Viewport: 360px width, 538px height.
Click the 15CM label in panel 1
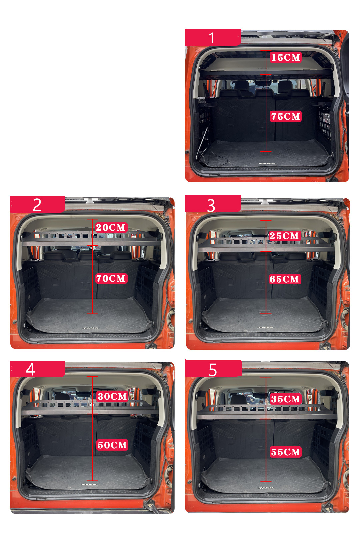[x=285, y=57]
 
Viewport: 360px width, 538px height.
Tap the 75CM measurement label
[x=285, y=116]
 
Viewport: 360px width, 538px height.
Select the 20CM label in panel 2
[x=111, y=227]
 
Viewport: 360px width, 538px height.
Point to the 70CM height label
[x=111, y=278]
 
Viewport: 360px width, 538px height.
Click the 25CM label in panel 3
[x=284, y=236]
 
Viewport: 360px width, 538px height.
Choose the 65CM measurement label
[x=284, y=279]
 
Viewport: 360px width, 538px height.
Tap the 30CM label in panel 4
[x=112, y=396]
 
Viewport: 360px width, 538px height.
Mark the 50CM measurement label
[x=112, y=445]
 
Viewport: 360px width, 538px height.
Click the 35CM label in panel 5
[x=286, y=399]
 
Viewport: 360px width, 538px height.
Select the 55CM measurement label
[x=286, y=452]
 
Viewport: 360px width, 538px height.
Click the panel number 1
[x=212, y=38]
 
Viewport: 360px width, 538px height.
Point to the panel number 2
[x=37, y=205]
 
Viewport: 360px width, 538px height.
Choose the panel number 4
[x=31, y=370]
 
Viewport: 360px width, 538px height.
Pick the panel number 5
[x=213, y=370]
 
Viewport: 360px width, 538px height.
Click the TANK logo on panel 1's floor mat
[x=267, y=163]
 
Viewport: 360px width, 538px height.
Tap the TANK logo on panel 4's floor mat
[x=89, y=484]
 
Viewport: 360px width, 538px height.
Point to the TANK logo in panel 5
[x=266, y=488]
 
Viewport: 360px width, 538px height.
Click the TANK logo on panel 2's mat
[x=90, y=328]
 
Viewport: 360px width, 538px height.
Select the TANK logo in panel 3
[x=265, y=327]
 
